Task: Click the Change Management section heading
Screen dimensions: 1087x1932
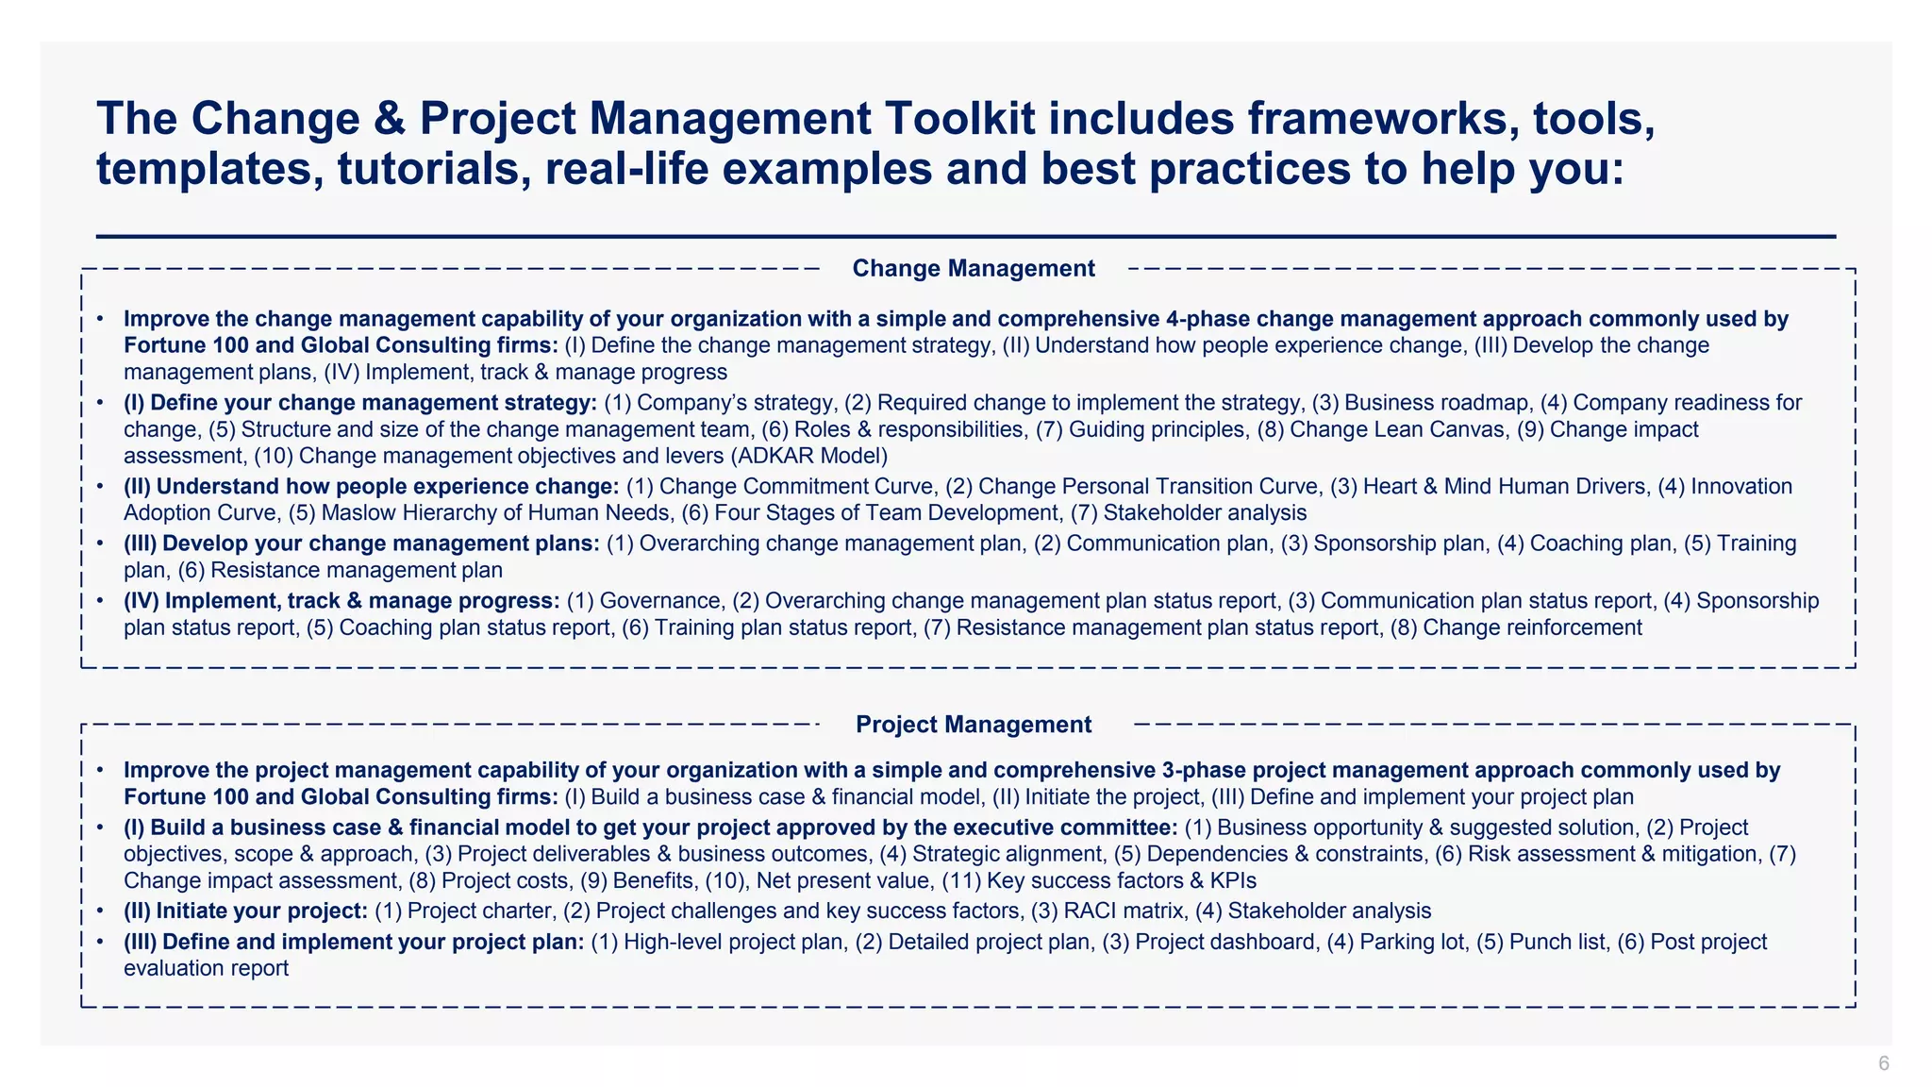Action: click(974, 269)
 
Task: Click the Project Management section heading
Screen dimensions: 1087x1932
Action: click(974, 725)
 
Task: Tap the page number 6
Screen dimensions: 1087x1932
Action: click(1884, 1063)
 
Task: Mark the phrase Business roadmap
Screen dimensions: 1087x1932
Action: click(1437, 403)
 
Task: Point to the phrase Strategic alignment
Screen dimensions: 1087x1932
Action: click(1007, 855)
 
